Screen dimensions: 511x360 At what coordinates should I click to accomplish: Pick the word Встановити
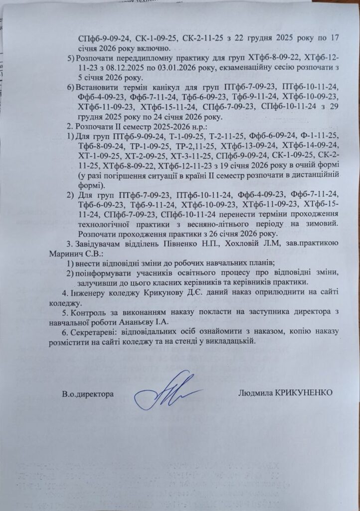coord(97,88)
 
